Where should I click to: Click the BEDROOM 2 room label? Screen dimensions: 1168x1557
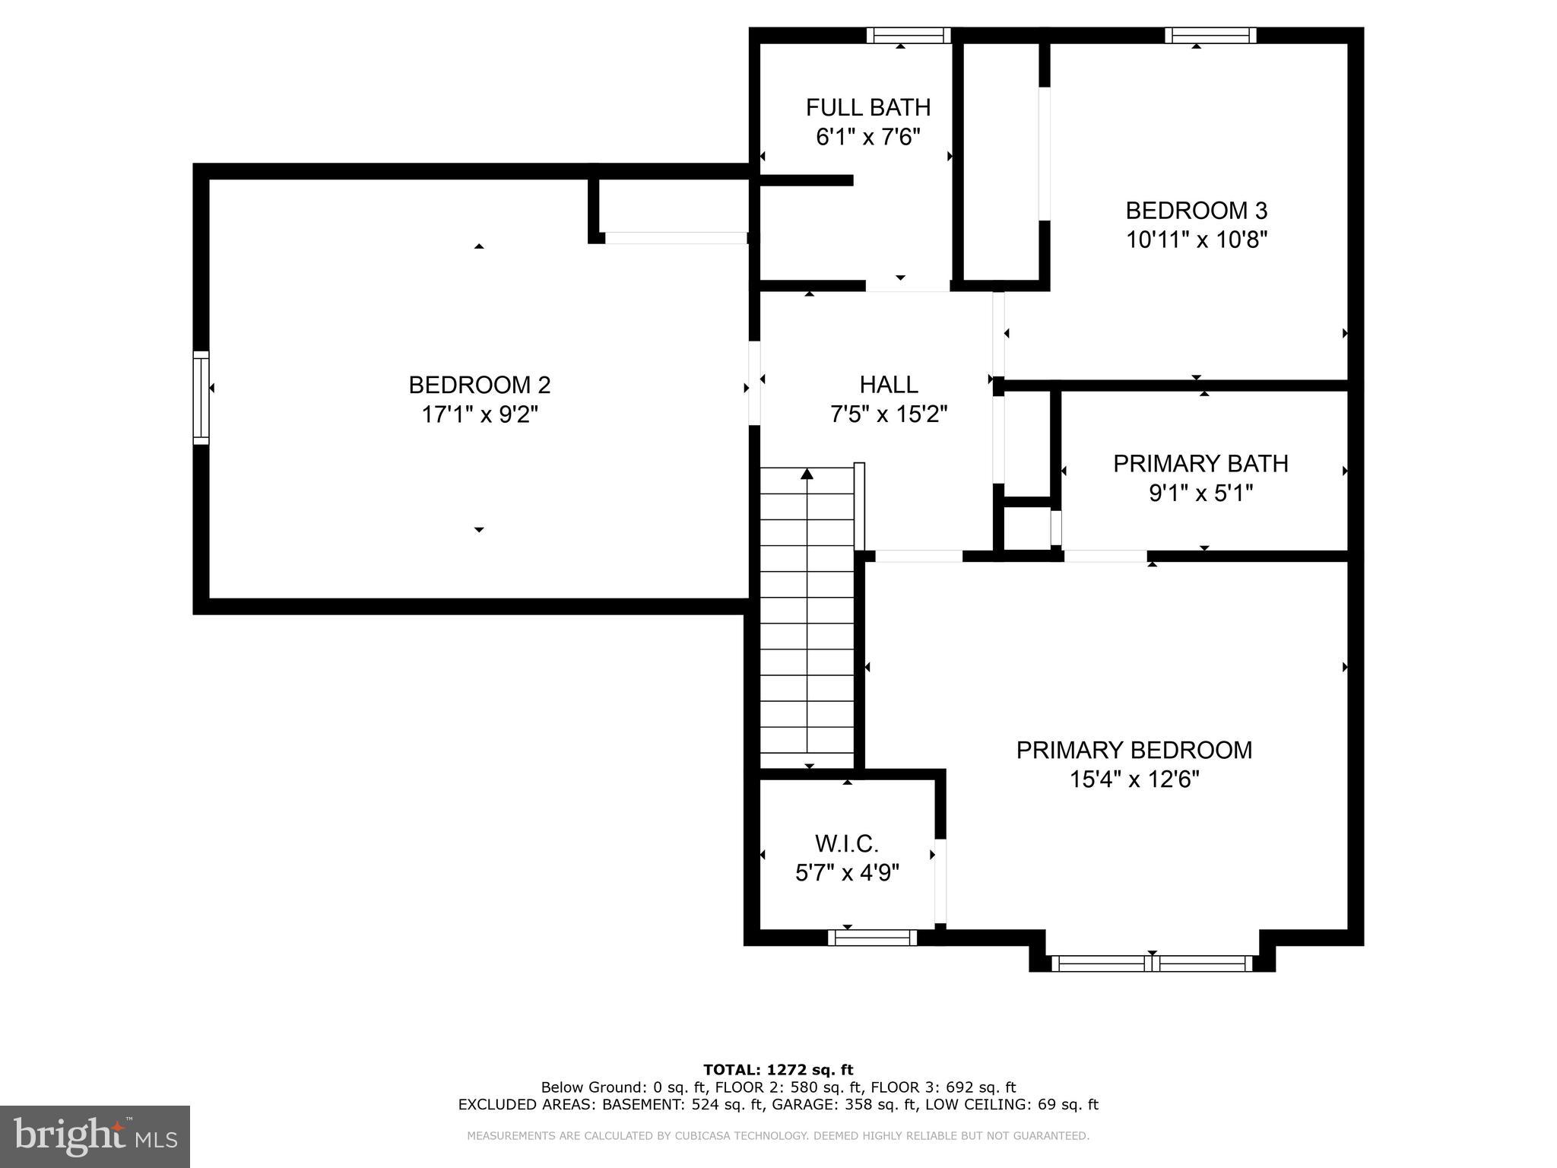point(479,385)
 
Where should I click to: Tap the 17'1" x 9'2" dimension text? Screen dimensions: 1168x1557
point(479,414)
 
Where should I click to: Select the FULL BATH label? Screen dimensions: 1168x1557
point(868,107)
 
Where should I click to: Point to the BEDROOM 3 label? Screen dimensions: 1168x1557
point(1196,210)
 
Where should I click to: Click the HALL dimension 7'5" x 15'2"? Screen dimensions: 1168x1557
point(888,414)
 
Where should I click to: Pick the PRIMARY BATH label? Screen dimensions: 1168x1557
point(1200,463)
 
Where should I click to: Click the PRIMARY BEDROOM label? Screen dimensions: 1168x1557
point(1134,750)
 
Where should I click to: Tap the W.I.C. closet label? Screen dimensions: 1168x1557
point(847,843)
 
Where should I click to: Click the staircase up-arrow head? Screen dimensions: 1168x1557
point(807,474)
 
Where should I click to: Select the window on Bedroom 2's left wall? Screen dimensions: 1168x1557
point(201,398)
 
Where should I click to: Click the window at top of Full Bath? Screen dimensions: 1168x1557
point(909,35)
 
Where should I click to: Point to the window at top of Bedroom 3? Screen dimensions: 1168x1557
point(1210,35)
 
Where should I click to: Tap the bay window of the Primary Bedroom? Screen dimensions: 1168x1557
point(1152,963)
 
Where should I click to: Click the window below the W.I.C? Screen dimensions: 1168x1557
point(872,938)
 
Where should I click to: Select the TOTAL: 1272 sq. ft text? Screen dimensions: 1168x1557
point(778,1070)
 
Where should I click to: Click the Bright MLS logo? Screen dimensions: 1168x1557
point(95,1136)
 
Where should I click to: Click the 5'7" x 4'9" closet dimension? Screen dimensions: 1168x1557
point(847,872)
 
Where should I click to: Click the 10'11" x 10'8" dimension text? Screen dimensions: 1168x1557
point(1196,240)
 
